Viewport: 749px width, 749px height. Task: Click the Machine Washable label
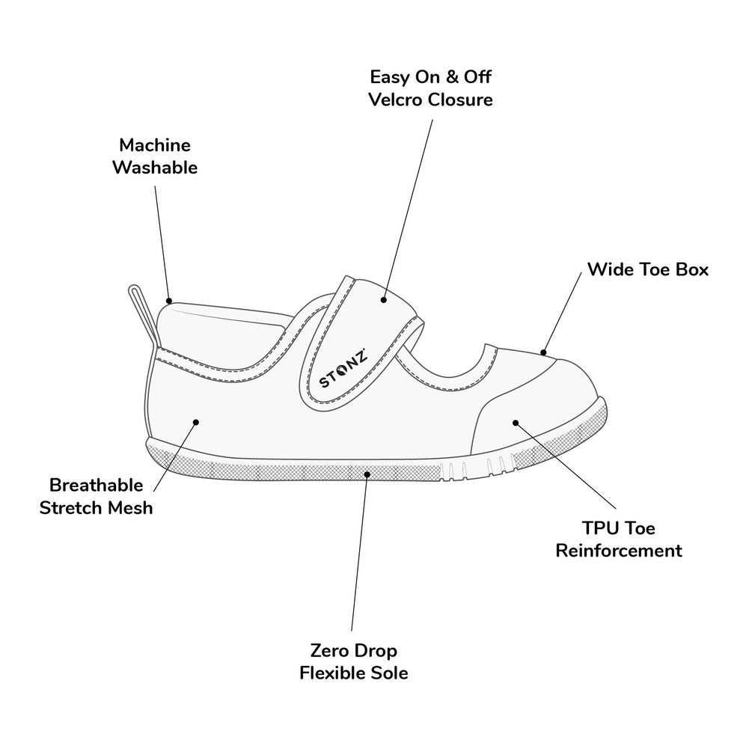point(155,156)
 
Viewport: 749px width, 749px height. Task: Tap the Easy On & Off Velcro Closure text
point(432,88)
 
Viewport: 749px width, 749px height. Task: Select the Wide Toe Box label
point(647,269)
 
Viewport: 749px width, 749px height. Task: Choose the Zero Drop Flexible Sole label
point(354,661)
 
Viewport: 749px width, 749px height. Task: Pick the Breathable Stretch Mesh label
point(96,497)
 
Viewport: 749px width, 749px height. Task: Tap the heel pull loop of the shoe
point(142,314)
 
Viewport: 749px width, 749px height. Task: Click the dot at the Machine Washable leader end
point(170,299)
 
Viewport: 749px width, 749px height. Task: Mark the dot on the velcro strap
point(383,300)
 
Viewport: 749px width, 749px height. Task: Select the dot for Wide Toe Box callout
point(544,352)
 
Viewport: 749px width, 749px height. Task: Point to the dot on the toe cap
point(516,423)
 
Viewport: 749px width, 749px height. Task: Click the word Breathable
point(96,486)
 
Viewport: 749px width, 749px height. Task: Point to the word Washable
point(155,167)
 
